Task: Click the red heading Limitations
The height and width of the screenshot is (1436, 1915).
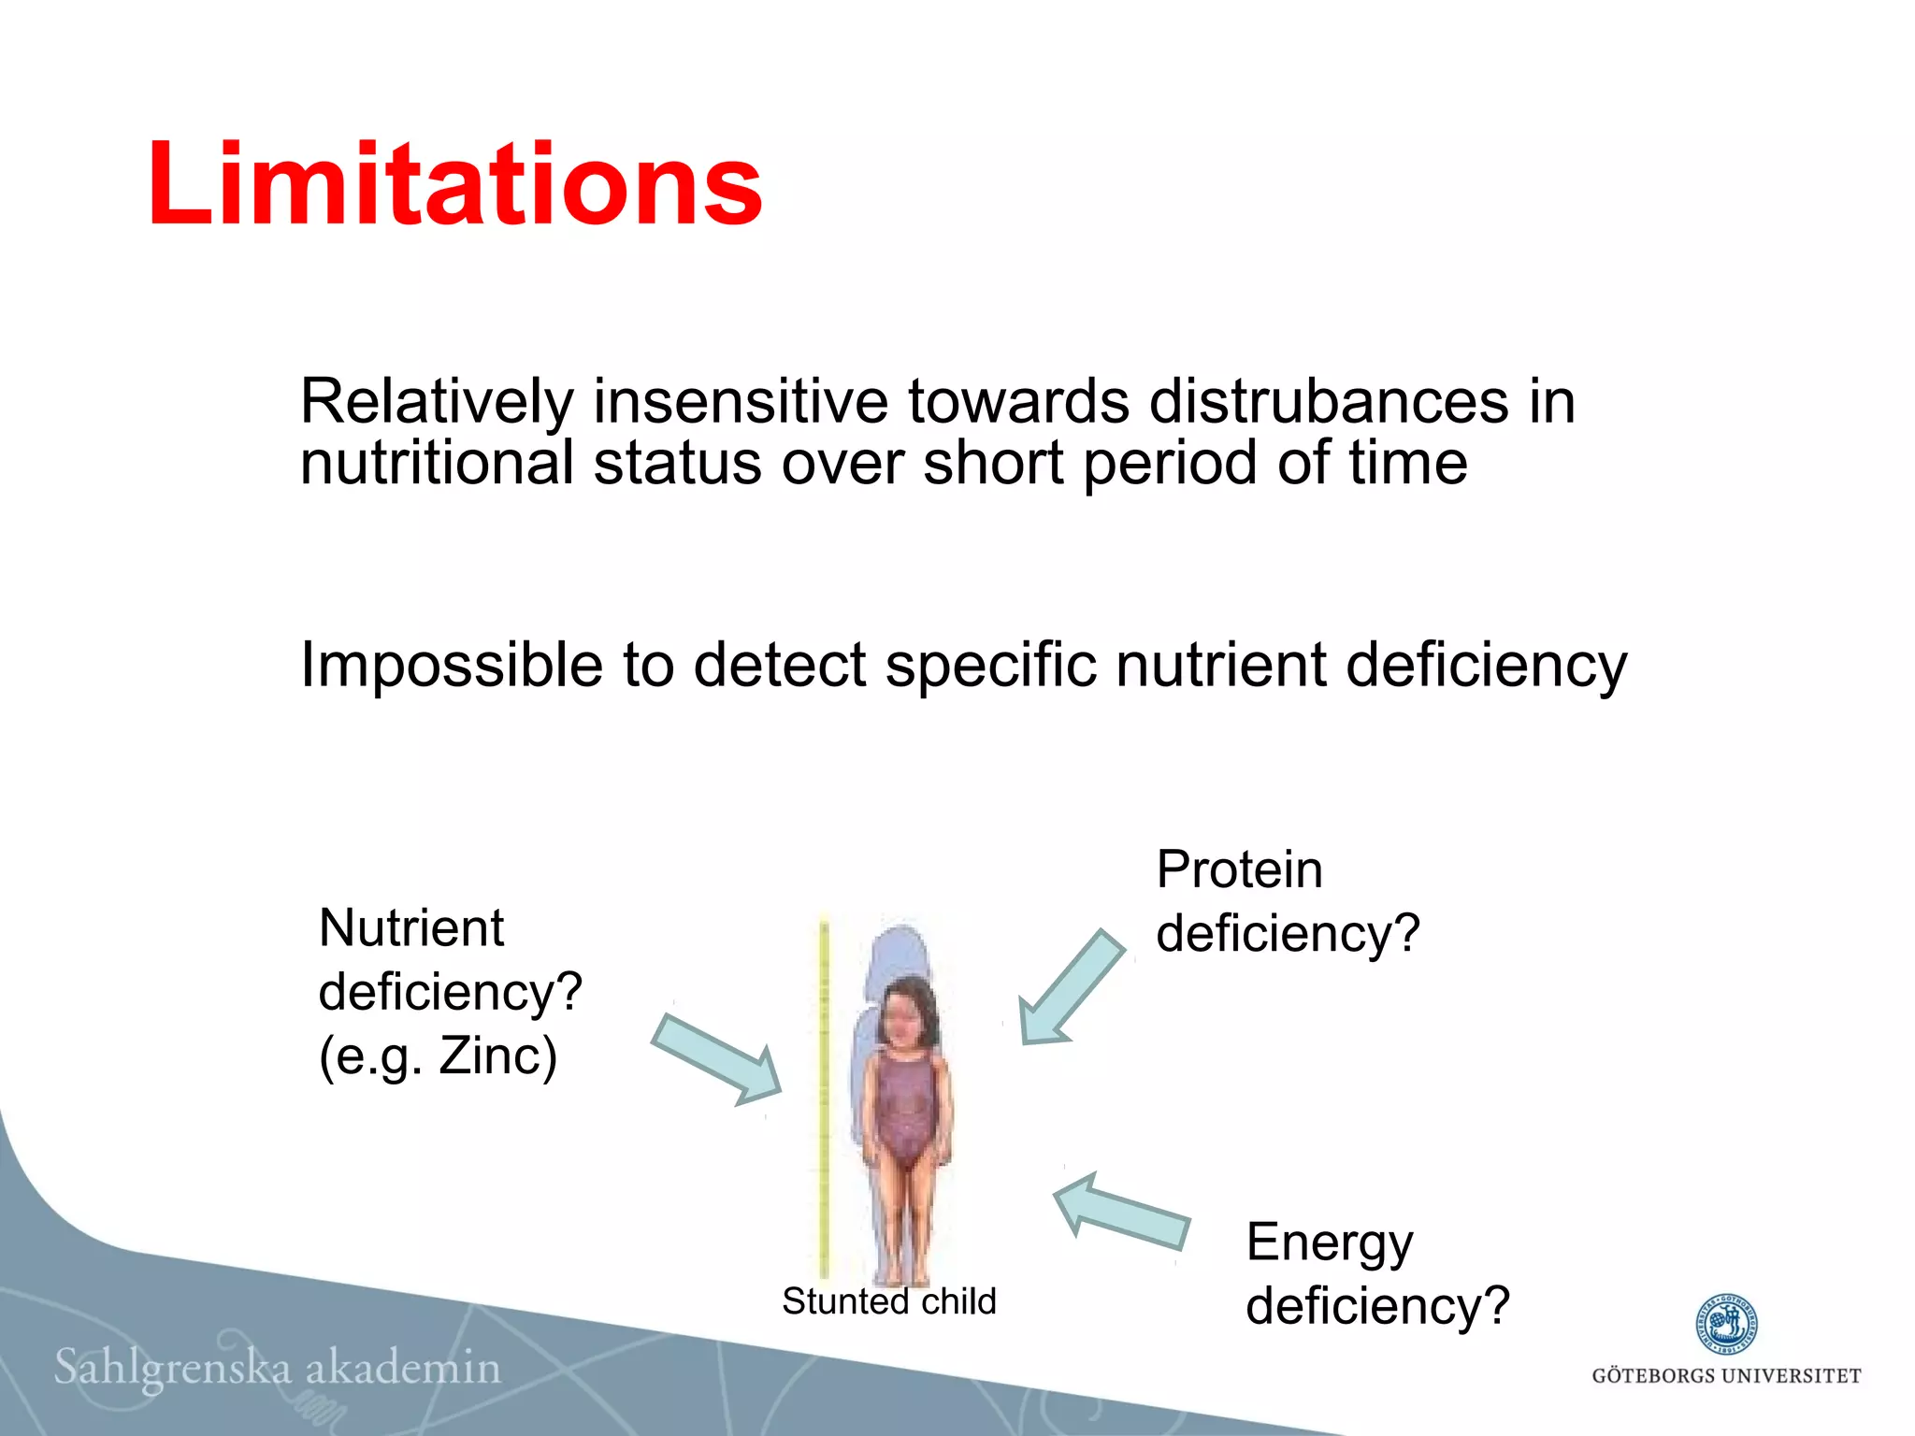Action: point(454,183)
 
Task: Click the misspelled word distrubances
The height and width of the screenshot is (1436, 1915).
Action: point(1329,402)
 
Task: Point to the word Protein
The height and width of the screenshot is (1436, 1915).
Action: point(1239,869)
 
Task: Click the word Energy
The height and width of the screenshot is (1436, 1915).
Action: point(1329,1243)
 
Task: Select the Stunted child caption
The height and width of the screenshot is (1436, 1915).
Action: point(888,1301)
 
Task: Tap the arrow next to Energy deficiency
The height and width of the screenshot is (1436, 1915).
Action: point(1122,1213)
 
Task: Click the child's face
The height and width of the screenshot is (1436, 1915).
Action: point(903,1013)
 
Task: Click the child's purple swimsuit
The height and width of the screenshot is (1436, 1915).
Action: point(902,1108)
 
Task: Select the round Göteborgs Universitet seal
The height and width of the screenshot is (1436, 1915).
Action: point(1726,1324)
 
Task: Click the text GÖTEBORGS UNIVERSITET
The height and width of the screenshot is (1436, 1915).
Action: point(1726,1376)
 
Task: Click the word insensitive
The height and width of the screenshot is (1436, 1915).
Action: point(740,402)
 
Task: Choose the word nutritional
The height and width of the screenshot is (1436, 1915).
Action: point(437,463)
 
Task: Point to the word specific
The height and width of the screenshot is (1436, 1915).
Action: point(989,666)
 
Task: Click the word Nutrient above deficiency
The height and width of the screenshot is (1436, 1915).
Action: point(410,928)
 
